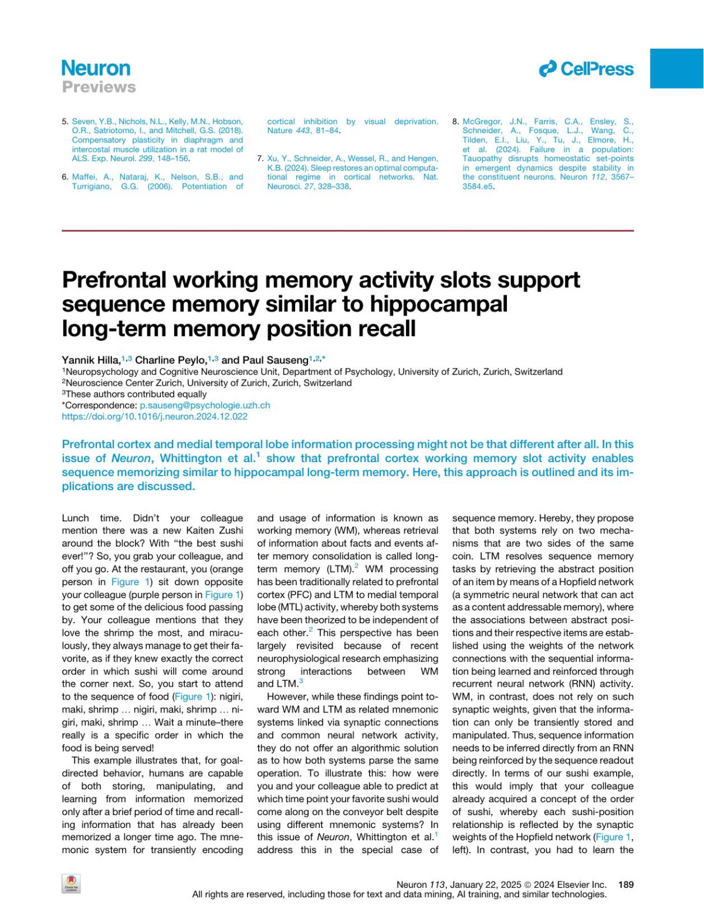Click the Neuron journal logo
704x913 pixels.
[x=96, y=68]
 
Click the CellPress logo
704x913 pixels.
[x=586, y=69]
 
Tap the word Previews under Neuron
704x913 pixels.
[x=99, y=87]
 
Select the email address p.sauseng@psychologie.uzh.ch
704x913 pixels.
[x=205, y=405]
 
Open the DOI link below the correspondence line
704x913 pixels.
[x=154, y=416]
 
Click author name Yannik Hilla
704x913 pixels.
[x=90, y=360]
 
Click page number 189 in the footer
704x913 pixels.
[x=626, y=884]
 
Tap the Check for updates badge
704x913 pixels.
[x=70, y=884]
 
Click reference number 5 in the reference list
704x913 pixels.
[x=65, y=121]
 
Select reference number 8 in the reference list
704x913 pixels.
[x=455, y=121]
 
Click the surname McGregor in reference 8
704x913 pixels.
[x=482, y=121]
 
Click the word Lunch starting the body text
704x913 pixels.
[x=76, y=518]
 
